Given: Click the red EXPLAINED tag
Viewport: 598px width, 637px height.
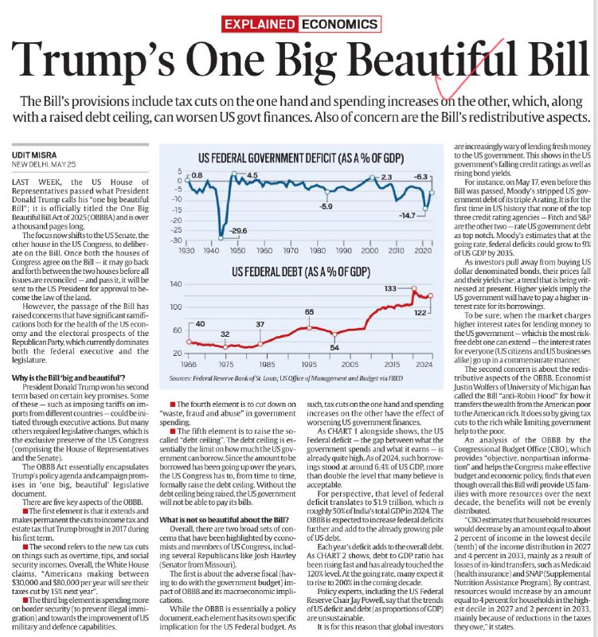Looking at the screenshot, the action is click(260, 24).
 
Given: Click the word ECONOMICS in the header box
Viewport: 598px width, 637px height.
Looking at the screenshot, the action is click(340, 24).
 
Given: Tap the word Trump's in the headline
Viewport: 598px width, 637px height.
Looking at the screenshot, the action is click(93, 61).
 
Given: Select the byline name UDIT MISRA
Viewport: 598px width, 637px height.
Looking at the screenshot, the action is click(34, 154).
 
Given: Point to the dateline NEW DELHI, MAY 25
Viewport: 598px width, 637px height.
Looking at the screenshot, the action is click(44, 165).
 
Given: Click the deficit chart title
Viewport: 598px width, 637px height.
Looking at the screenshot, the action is click(301, 158).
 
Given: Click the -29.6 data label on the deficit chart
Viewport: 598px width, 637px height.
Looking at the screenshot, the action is click(238, 231).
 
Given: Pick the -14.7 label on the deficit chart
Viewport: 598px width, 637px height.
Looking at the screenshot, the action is click(407, 216).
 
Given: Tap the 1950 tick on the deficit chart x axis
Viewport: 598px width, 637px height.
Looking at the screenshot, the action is click(237, 251).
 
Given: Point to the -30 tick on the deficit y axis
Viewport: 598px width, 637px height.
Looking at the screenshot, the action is click(177, 240).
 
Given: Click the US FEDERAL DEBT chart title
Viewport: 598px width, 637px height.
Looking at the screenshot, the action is click(301, 272).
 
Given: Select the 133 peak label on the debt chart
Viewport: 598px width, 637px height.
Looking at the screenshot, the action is click(390, 288).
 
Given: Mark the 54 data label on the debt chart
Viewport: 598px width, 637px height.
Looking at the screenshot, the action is click(334, 348).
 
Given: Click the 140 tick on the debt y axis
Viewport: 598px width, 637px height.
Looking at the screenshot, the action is click(176, 284).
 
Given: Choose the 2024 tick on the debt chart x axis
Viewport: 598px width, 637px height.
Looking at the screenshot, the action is click(424, 365).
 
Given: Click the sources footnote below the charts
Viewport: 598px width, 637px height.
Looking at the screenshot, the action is click(286, 378).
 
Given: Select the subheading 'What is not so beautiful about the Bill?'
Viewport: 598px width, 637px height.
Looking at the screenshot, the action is click(224, 520).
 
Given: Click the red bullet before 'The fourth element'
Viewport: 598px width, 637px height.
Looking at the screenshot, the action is click(173, 404).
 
